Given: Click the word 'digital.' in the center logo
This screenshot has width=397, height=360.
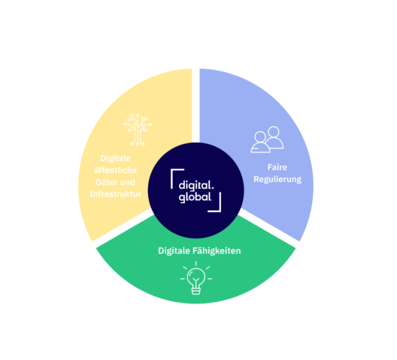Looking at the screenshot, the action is [196, 185].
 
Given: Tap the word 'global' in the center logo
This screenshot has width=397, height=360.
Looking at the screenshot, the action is [195, 198].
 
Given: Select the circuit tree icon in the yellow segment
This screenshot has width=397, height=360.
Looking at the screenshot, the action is [138, 130].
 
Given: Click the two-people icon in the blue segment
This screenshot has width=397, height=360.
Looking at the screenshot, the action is [267, 140].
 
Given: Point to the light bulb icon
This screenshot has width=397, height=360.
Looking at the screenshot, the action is [196, 278].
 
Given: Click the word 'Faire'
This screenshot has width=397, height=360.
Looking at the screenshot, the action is [277, 168].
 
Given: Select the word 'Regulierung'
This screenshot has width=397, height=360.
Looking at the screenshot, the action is [277, 180].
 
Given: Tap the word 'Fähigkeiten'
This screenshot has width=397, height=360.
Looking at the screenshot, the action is [217, 251].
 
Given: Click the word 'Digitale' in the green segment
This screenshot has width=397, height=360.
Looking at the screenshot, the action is [174, 251].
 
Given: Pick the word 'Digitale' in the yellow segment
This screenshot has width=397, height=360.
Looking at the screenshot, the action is [116, 159].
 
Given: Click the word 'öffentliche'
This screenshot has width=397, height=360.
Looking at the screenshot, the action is [116, 170].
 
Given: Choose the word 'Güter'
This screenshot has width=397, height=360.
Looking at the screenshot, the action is [106, 182].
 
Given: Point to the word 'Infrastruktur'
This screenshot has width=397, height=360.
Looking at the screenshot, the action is [116, 194].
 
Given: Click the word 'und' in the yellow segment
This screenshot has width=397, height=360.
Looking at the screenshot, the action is [127, 183].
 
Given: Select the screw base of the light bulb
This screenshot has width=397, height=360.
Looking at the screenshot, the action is [196, 291].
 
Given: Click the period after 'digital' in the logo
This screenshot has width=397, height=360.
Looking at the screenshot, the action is [213, 189].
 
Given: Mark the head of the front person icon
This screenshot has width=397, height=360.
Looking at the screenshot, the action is [260, 137].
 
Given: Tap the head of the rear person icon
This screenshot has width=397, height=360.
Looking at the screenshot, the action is [274, 132].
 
